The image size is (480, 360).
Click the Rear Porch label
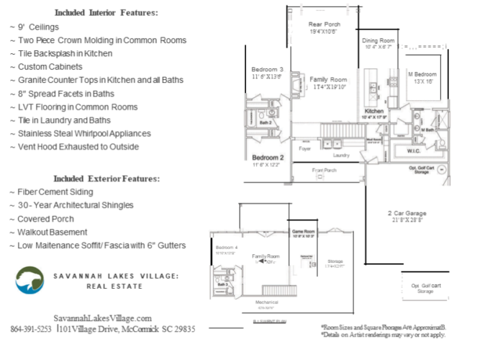(325, 24)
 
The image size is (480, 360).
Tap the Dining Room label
(379, 41)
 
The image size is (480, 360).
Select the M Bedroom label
(422, 74)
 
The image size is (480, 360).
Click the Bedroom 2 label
(268, 157)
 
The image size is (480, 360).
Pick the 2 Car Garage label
(407, 213)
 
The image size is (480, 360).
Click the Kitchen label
(374, 112)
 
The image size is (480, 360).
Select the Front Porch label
(325, 171)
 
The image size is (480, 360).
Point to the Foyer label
(305, 149)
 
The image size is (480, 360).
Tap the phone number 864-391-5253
(32, 329)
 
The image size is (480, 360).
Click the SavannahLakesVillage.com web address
(103, 318)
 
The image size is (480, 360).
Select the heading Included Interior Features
(106, 13)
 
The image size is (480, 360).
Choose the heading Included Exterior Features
(107, 179)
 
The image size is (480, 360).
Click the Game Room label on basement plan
(303, 232)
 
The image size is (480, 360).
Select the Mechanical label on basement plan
(266, 302)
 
